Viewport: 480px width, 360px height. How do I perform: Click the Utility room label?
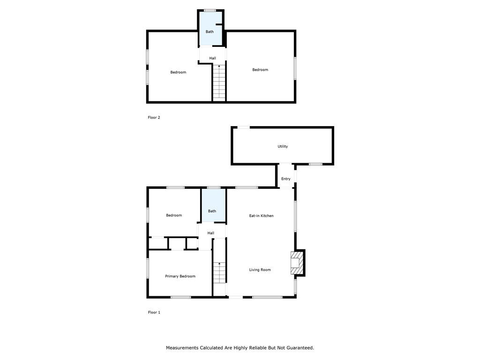pos(283,146)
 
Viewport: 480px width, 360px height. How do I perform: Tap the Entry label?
pos(286,179)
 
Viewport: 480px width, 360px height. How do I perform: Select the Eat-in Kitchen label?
pos(261,216)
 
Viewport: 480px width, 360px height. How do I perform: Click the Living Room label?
pos(260,270)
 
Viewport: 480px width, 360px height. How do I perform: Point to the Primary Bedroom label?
pos(180,276)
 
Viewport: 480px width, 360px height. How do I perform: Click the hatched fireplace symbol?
pos(297,263)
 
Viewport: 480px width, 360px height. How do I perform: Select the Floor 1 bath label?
pos(212,211)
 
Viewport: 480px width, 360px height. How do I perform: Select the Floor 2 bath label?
pos(210,32)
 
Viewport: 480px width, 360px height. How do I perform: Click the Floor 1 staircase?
pos(219,272)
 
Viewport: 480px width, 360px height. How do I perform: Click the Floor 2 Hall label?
pos(213,58)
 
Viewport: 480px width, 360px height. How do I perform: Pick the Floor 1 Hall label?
pos(211,233)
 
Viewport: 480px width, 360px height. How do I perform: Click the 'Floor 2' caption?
pos(154,118)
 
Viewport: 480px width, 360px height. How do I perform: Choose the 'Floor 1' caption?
pos(154,312)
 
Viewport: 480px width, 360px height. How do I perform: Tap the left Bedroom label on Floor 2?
pos(178,72)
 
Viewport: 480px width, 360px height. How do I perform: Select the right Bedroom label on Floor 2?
pos(260,70)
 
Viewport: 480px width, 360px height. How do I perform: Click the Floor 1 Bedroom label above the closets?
pos(174,215)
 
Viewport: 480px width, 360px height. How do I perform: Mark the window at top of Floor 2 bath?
pos(210,10)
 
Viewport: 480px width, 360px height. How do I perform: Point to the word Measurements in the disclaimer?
pos(183,348)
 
